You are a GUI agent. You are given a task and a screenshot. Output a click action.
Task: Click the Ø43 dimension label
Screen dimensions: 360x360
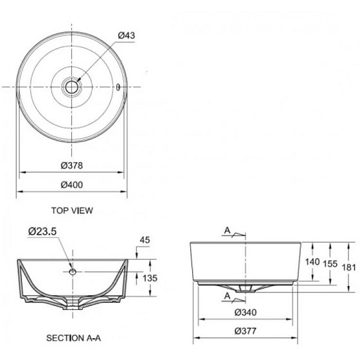[x=127, y=35]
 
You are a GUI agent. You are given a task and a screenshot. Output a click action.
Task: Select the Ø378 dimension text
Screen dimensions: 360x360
[x=71, y=165]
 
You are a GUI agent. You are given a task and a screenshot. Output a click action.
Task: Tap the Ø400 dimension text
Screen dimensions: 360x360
[x=71, y=185]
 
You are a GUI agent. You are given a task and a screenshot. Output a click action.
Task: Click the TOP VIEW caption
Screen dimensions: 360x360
[x=72, y=211]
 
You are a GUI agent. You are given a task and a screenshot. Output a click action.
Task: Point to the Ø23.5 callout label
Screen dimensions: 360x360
[x=42, y=231]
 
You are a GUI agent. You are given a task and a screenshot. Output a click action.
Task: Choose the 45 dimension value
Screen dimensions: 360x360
[x=145, y=240]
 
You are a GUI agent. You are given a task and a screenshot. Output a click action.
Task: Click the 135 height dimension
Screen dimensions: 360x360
[x=150, y=278]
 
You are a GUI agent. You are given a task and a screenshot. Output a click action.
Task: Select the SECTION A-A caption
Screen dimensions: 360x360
[x=73, y=338]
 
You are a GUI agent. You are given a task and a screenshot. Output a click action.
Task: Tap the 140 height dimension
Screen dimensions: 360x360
[x=312, y=262]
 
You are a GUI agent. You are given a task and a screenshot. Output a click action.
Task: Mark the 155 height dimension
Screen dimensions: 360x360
[x=330, y=264]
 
